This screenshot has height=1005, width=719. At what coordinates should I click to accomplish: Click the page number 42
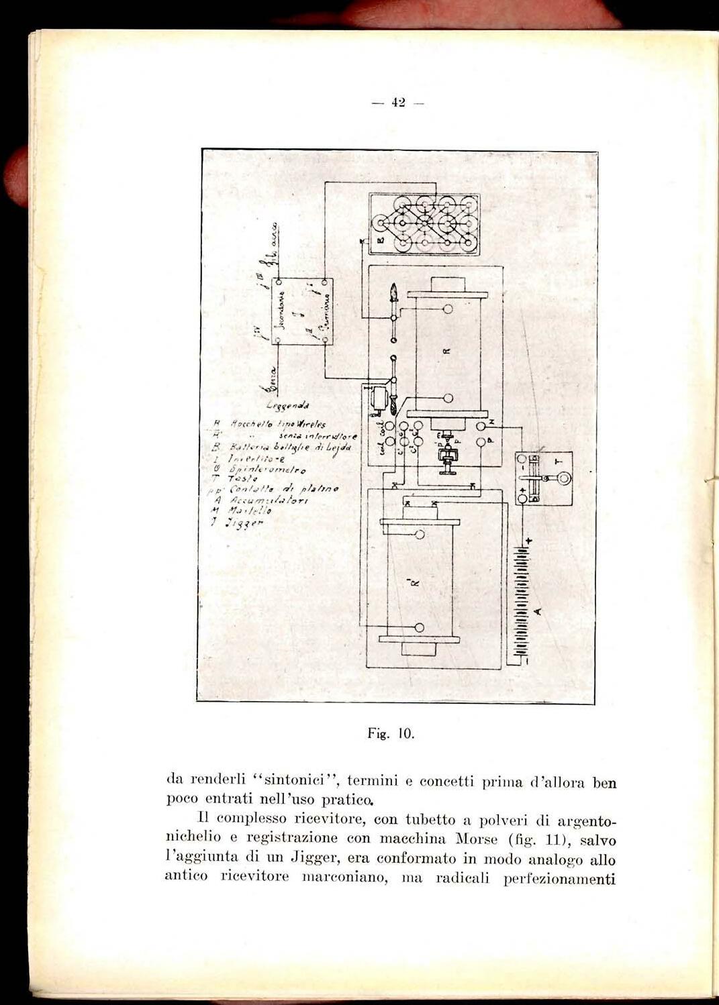coord(399,103)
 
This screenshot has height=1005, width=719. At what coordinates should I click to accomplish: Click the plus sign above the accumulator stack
coord(528,540)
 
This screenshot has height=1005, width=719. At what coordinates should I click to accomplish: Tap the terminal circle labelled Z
coord(481,426)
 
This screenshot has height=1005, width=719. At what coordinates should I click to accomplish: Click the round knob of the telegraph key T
coord(561,478)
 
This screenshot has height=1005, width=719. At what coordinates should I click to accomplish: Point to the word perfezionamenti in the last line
coord(560,878)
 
